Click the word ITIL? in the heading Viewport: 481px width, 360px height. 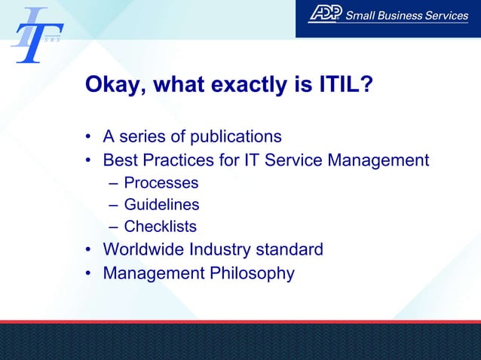click(345, 84)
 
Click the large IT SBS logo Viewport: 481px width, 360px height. click(35, 35)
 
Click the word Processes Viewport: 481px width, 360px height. click(161, 183)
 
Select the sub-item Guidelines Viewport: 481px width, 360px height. click(161, 205)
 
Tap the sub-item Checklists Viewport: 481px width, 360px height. click(160, 227)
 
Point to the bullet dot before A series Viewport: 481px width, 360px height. click(88, 137)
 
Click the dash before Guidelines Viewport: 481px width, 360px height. click(113, 205)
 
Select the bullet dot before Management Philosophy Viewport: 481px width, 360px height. click(88, 273)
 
